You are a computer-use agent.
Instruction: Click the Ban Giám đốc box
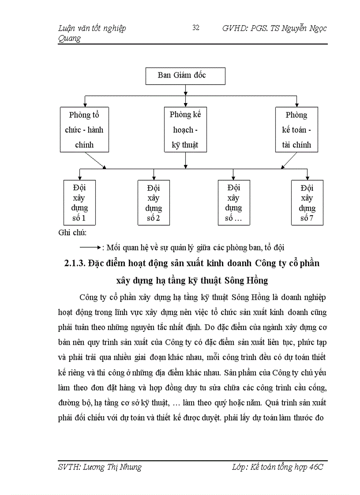tap(185, 76)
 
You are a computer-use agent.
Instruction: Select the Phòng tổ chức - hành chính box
tap(84, 130)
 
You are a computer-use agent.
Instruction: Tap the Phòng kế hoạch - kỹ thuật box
tap(185, 130)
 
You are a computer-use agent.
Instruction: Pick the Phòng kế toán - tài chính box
tap(296, 130)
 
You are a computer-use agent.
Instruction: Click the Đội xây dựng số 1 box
tap(79, 203)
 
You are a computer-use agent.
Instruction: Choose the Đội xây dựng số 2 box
tap(154, 203)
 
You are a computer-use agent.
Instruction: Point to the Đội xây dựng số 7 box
tap(307, 203)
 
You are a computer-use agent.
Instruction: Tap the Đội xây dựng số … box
tap(234, 203)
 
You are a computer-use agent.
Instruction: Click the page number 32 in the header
tap(196, 28)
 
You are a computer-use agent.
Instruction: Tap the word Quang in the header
tap(69, 38)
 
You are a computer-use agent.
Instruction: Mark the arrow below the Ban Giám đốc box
tap(185, 89)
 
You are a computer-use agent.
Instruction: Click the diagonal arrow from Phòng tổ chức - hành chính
tap(95, 160)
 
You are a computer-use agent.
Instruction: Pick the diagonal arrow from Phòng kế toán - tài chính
tap(292, 160)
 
